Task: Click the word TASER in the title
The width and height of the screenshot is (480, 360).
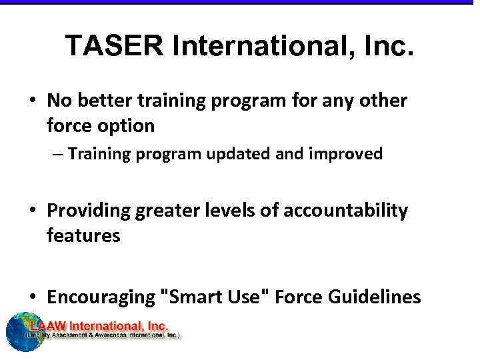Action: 113,46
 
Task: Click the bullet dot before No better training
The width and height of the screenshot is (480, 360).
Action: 33,101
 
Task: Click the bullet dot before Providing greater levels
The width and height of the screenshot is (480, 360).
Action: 33,211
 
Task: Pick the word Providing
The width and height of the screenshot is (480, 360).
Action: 89,211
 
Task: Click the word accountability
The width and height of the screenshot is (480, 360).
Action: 345,211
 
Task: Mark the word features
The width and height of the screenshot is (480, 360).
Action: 83,235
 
